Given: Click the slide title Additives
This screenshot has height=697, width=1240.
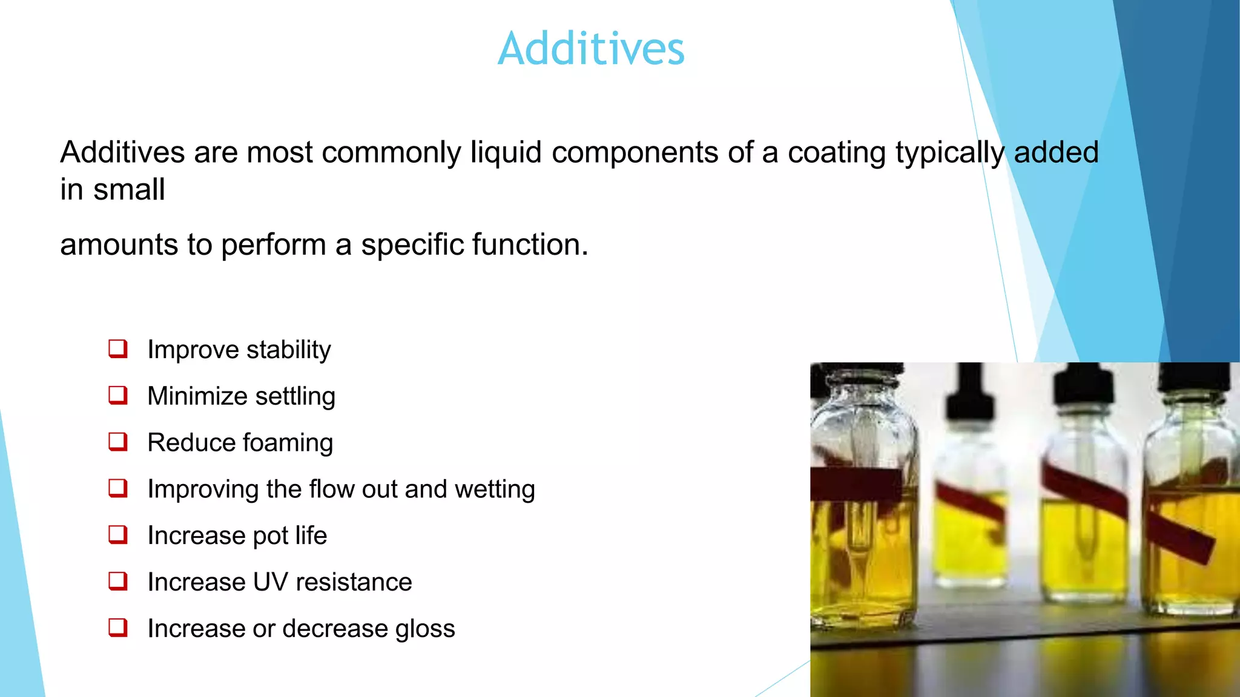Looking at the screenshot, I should [591, 48].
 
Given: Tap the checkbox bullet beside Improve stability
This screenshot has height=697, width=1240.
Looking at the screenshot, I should [118, 348].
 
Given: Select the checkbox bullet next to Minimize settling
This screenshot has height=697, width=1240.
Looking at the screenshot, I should [118, 395].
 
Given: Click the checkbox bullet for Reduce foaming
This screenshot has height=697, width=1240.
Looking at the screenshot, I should [118, 442].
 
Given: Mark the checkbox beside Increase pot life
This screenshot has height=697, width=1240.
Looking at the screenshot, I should [118, 534].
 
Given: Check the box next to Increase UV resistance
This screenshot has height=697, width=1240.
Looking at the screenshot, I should [118, 581].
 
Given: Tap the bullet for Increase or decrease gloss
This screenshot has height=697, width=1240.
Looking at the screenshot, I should [118, 627].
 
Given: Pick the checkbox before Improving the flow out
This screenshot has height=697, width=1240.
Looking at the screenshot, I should [118, 488].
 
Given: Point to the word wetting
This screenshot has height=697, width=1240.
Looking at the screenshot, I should [495, 489].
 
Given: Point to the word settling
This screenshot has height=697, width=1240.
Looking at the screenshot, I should [295, 397].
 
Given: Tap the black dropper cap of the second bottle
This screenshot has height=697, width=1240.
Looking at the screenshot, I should [970, 393].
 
